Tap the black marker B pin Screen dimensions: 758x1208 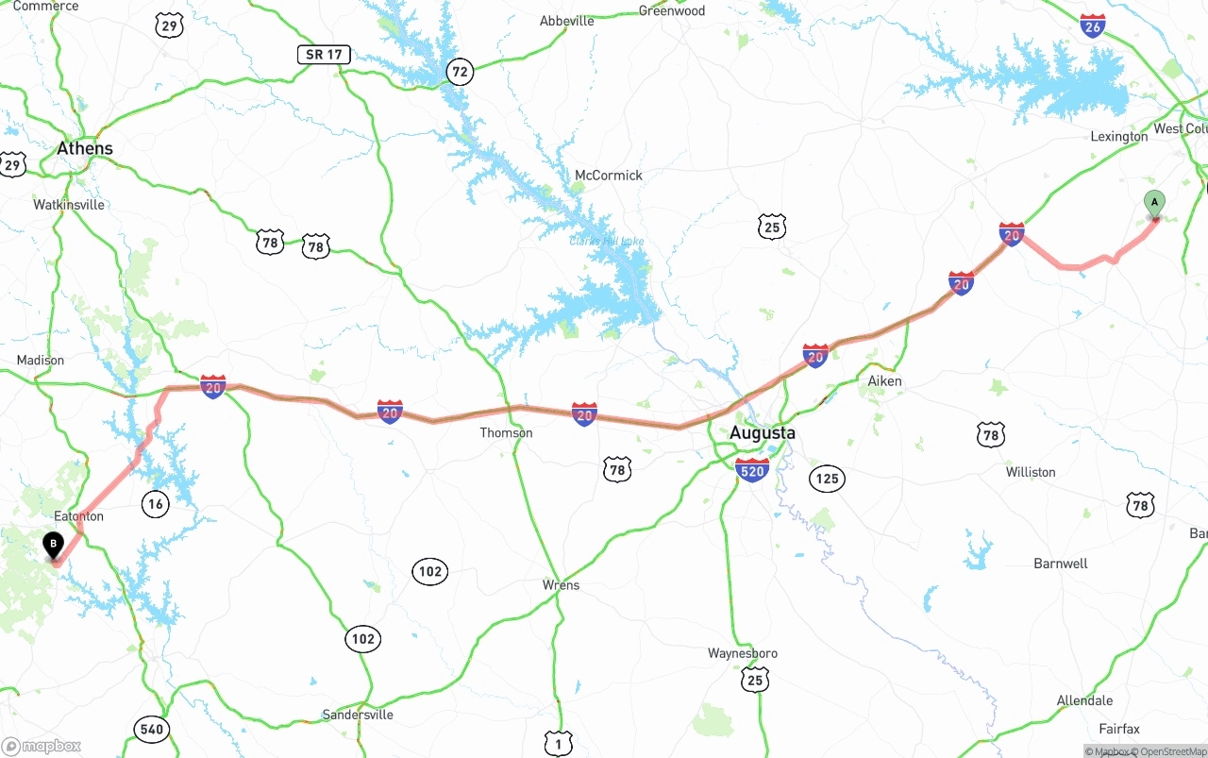pos(54,546)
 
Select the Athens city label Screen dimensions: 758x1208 pos(85,148)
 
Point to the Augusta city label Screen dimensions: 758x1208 pos(763,433)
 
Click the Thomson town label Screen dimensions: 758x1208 pos(506,433)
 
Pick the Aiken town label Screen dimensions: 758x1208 pos(884,381)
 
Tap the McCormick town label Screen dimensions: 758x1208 pos(609,176)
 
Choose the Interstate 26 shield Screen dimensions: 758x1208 pos(1093,25)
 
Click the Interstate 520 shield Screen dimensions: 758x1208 pos(752,470)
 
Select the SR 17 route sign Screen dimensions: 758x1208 pos(324,55)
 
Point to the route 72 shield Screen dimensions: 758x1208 pos(460,71)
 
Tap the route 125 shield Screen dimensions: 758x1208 pos(827,480)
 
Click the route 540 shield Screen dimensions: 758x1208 pos(151,729)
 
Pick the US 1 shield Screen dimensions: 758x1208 pos(558,745)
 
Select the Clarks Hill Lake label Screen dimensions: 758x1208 pos(606,242)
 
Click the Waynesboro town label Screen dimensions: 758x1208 pos(743,653)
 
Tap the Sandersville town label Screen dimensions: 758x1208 pos(358,715)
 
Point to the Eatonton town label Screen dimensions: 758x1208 pos(79,516)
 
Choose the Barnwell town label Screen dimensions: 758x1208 pos(1061,564)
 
